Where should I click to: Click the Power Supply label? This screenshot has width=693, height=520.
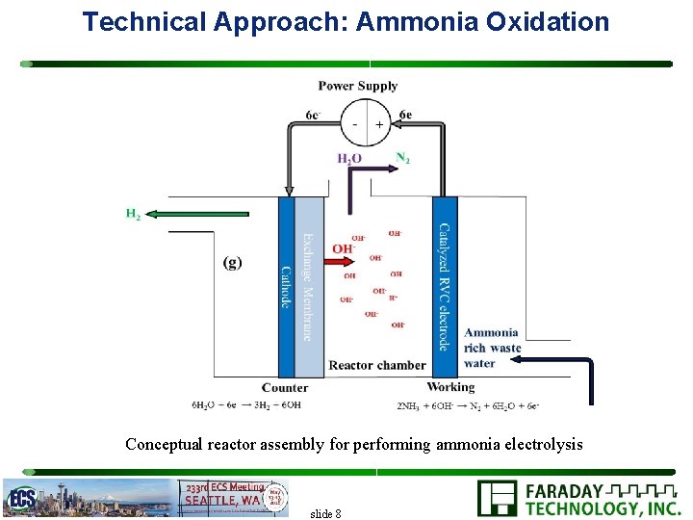[x=358, y=86]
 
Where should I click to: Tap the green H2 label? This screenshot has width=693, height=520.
[x=133, y=214]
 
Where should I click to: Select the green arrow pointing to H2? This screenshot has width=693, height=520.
[x=201, y=214]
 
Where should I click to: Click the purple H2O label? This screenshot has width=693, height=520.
[x=349, y=159]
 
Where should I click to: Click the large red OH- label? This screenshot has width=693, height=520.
[x=344, y=248]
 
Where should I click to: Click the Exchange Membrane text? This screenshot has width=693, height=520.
[x=307, y=287]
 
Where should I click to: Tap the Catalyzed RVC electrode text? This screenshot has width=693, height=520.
[x=444, y=287]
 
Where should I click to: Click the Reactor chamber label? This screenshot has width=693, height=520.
[x=376, y=365]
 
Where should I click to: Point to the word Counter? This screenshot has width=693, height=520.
[x=285, y=388]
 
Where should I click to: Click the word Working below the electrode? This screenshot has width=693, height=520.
[x=450, y=387]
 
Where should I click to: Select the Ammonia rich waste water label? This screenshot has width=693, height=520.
[x=492, y=348]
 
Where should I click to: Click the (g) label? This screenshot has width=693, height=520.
[x=232, y=262]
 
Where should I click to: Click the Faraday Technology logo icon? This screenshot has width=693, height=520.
[x=498, y=499]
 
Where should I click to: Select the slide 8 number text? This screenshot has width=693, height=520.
[x=325, y=513]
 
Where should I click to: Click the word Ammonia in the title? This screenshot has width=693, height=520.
[x=414, y=21]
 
